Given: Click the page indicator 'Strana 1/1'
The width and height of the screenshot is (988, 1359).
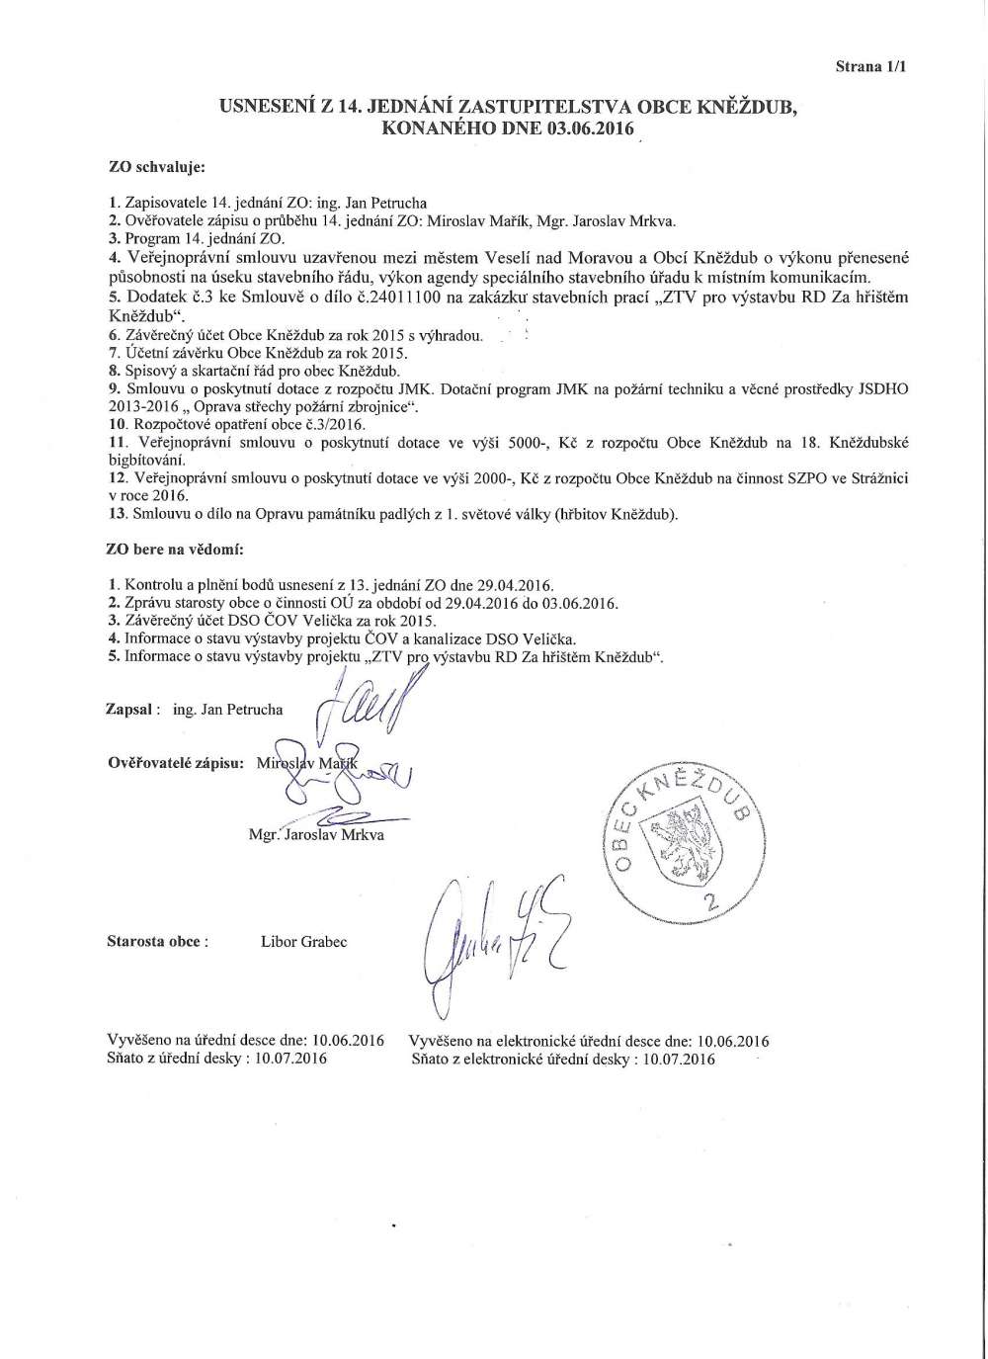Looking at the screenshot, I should [870, 67].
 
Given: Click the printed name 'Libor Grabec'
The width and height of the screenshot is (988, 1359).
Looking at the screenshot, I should [303, 941].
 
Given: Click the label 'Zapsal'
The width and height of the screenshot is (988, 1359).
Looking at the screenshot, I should [130, 709].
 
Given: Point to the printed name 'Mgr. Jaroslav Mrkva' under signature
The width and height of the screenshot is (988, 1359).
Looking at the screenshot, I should [317, 834].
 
